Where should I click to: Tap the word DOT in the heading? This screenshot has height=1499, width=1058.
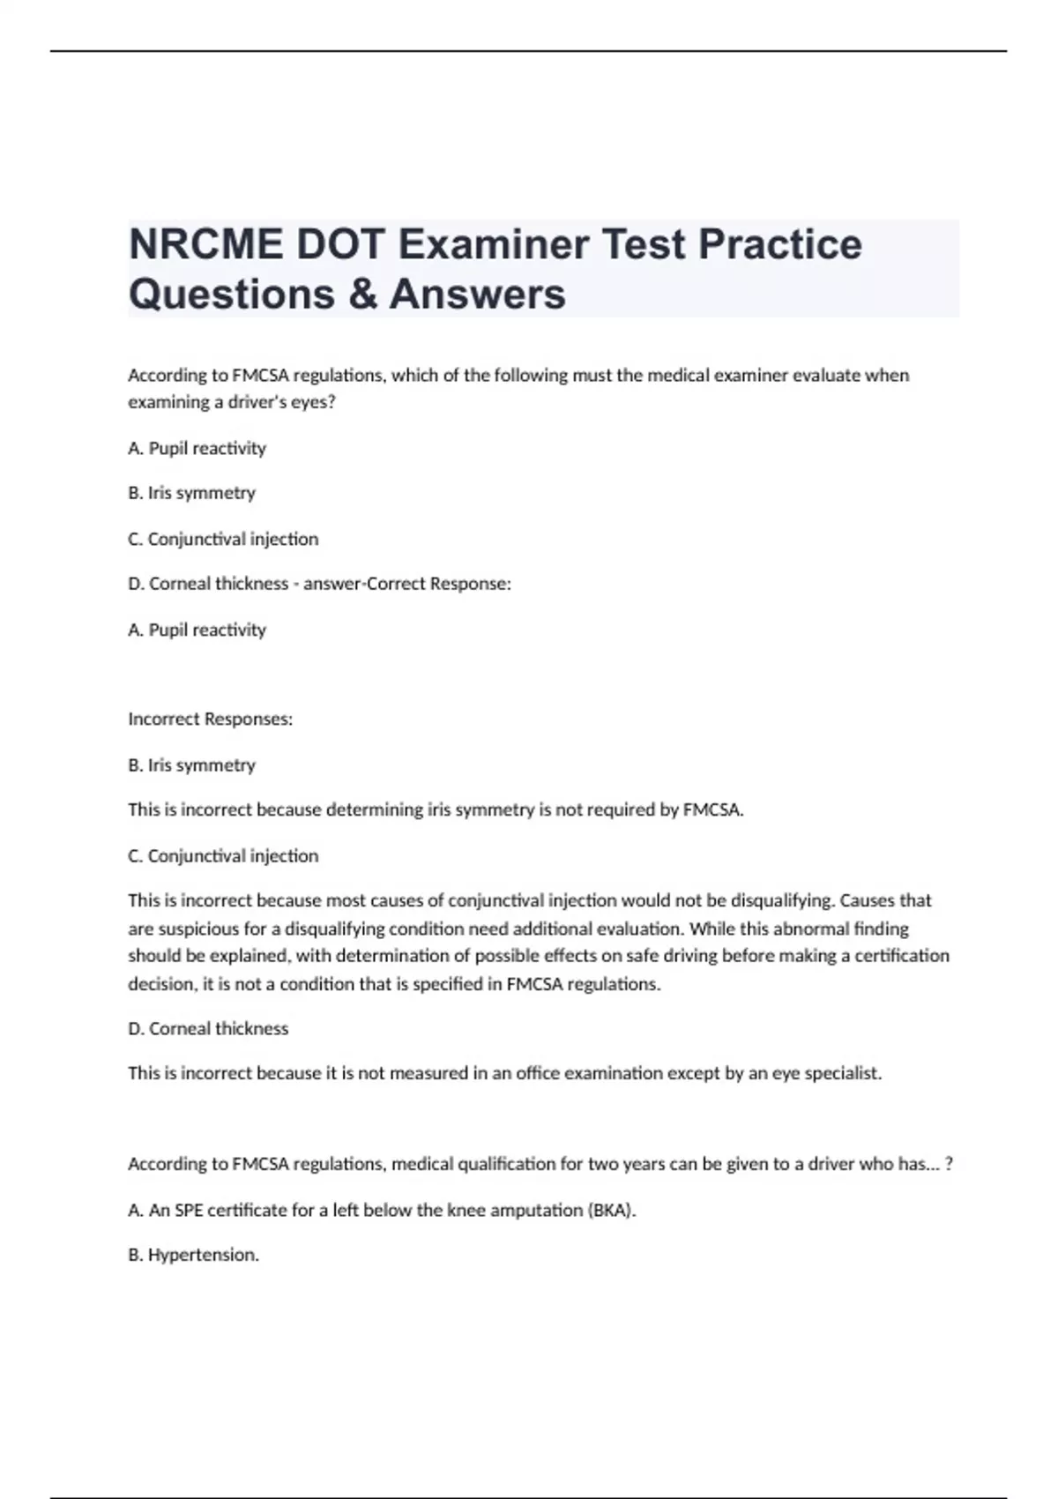coord(339,244)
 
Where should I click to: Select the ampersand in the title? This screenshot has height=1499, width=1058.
coord(362,294)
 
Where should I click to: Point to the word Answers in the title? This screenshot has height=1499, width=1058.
coord(477,294)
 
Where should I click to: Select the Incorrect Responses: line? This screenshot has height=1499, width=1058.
coord(210,719)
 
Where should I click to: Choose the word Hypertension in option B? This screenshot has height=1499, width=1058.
coord(203,1255)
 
